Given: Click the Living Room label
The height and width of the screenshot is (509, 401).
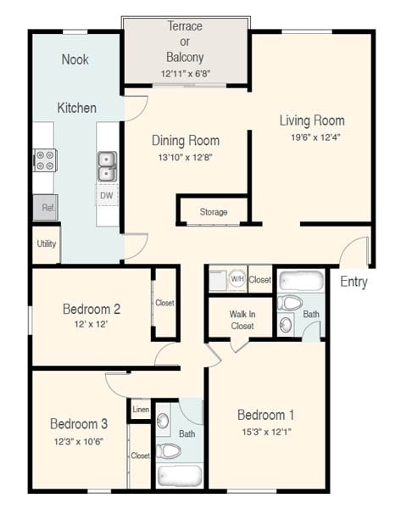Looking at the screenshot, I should [x=311, y=120].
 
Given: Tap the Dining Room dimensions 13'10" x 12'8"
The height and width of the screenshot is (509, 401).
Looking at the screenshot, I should [x=185, y=157].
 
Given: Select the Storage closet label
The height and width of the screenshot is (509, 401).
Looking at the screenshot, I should [x=213, y=211].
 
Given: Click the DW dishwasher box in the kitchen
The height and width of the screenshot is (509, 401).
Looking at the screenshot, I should [x=106, y=195].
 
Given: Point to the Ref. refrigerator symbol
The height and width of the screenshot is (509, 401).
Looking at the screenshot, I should [x=46, y=207].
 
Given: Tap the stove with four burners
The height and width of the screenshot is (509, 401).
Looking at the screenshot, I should [x=45, y=159].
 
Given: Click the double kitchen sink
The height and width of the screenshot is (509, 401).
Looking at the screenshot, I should [x=107, y=166].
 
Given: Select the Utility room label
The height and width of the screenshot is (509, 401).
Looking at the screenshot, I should [x=46, y=243].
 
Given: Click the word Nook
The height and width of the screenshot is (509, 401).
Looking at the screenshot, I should [x=75, y=59].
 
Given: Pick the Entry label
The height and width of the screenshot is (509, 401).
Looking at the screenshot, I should [x=354, y=282].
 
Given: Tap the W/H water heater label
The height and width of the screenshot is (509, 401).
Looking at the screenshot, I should [x=237, y=279].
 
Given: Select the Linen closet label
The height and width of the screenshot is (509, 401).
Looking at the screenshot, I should [x=141, y=410].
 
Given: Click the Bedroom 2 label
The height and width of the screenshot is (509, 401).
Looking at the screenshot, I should [x=91, y=308].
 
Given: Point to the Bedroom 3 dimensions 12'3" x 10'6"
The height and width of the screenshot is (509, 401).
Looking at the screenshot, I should [x=77, y=440].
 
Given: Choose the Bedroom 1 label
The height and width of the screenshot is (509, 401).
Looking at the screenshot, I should [x=265, y=415].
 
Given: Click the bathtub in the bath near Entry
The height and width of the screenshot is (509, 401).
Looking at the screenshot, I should [x=301, y=281].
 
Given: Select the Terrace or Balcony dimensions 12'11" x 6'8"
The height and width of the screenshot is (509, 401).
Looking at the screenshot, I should [x=185, y=73].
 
